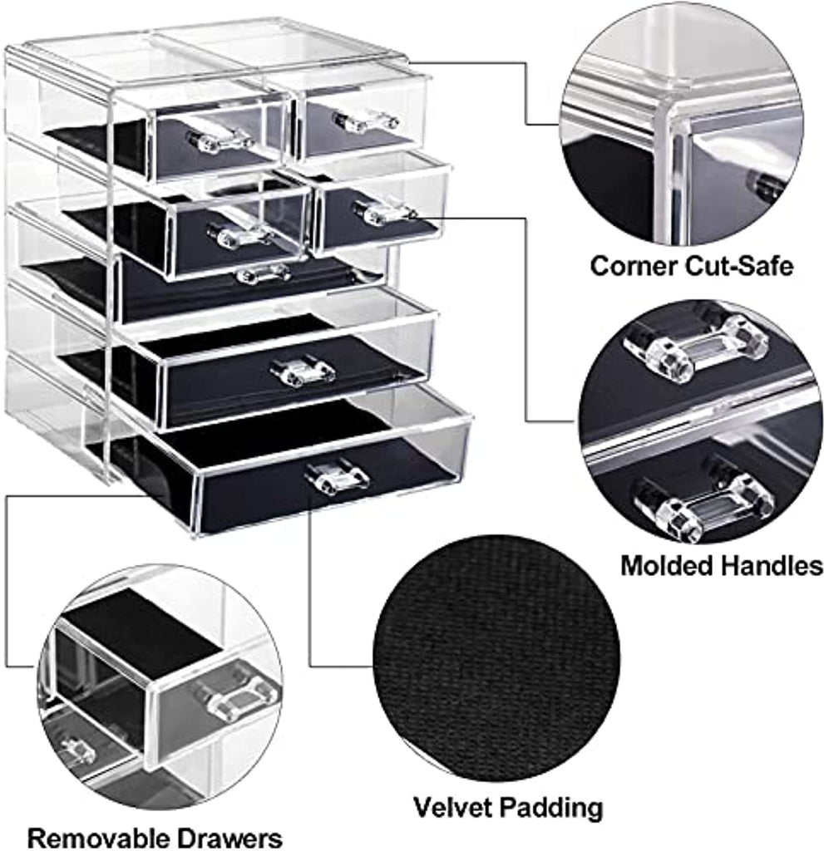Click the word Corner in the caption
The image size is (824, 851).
(633, 267)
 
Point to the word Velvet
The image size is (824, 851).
(451, 807)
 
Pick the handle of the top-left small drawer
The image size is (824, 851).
(220, 141)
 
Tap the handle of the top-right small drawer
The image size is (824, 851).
(366, 121)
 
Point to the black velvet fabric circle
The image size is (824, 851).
(496, 658)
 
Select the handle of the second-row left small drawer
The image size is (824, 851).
(239, 234)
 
